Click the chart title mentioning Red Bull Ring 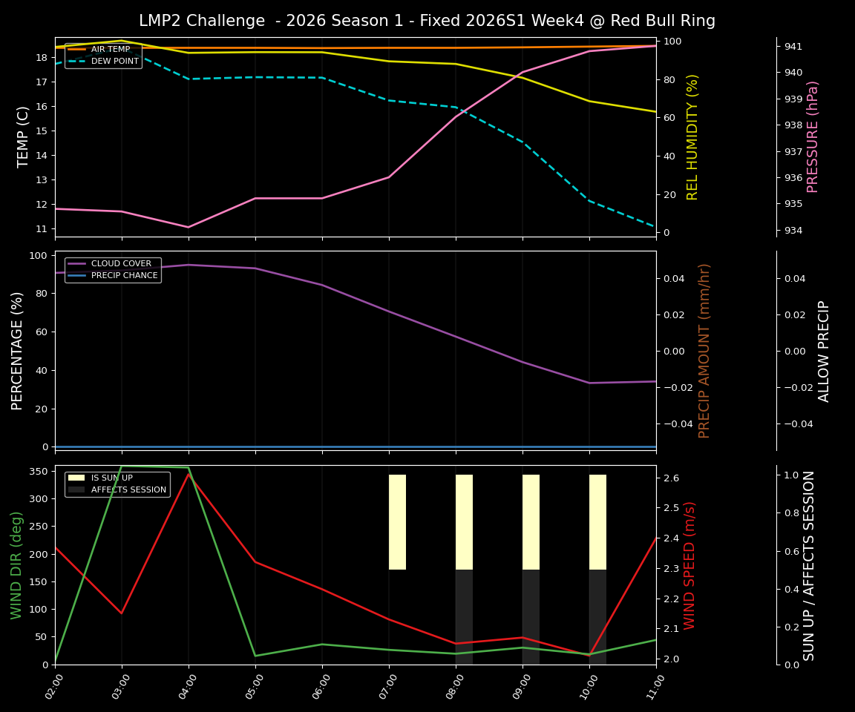427,21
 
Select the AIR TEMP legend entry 110,49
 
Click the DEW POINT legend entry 114,61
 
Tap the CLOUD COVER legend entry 121,263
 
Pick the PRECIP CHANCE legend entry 124,275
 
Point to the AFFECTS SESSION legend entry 128,489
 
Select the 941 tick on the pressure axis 793,46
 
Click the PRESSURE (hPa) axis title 813,136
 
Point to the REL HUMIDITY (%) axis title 693,136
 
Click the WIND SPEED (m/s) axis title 690,565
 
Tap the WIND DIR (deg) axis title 16,565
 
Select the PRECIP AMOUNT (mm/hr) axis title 704,350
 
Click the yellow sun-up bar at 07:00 397,522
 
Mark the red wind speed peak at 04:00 189,475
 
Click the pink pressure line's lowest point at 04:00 189,227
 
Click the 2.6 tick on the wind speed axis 672,478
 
